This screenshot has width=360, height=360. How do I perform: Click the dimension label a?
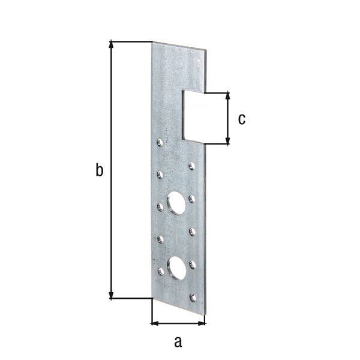177,342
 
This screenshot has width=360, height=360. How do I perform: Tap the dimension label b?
100,170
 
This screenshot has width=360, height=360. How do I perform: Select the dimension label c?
241,119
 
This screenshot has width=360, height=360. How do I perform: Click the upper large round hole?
176,202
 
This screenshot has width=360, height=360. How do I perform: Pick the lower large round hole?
176,268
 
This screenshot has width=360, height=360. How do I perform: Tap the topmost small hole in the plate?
160,142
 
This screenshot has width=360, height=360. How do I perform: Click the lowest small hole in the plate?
192,296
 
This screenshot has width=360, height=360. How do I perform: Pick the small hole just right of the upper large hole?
192,198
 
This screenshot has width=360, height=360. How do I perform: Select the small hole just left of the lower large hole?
160,271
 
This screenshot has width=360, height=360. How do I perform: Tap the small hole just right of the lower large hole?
192,263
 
